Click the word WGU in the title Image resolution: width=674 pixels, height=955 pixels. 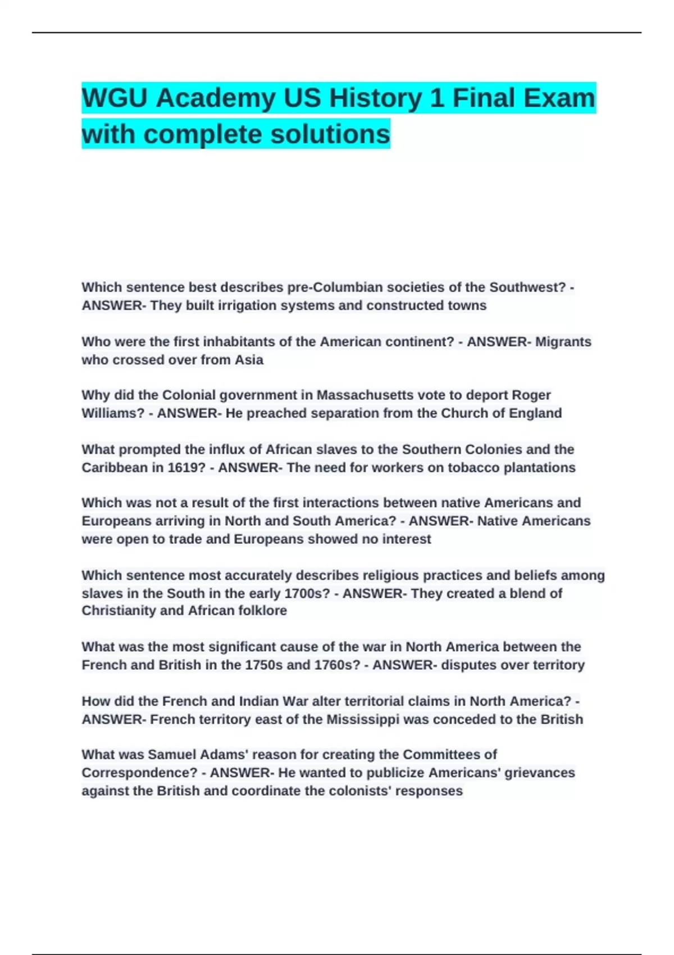(x=115, y=98)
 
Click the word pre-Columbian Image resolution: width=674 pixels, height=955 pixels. (x=330, y=288)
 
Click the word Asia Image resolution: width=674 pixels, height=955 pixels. (x=249, y=360)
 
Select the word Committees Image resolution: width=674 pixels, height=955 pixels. (x=450, y=755)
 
